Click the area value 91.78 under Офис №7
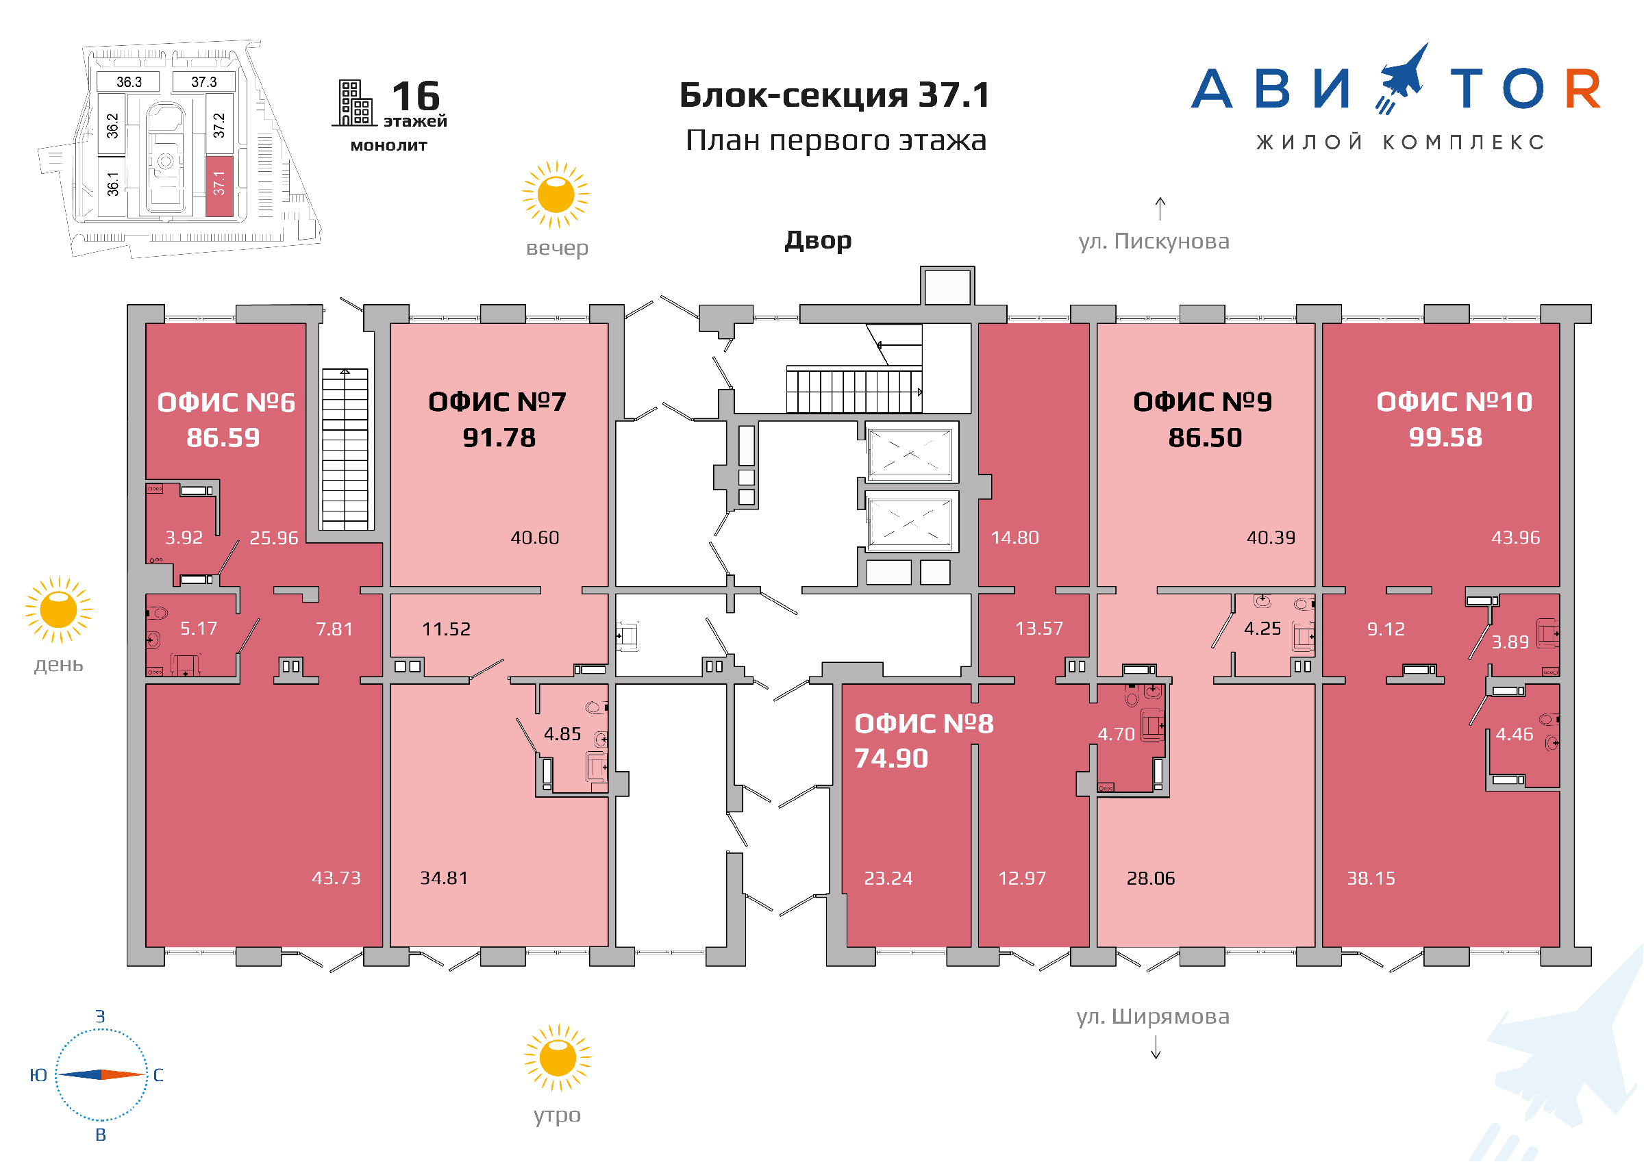point(499,438)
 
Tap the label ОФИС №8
point(923,724)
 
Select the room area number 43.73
point(336,878)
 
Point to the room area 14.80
point(1014,538)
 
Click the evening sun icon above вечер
point(556,194)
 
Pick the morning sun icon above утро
point(558,1057)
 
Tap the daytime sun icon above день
point(59,609)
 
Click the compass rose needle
point(101,1074)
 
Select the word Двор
point(818,240)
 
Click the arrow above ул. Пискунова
point(1160,209)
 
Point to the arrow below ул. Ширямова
point(1156,1048)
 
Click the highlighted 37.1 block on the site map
point(220,186)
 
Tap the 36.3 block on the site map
point(129,82)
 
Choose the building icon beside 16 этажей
point(354,103)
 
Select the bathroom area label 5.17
point(199,629)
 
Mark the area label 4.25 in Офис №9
point(1262,629)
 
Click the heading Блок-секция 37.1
point(835,95)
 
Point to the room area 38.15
point(1371,879)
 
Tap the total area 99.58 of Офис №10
point(1445,438)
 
